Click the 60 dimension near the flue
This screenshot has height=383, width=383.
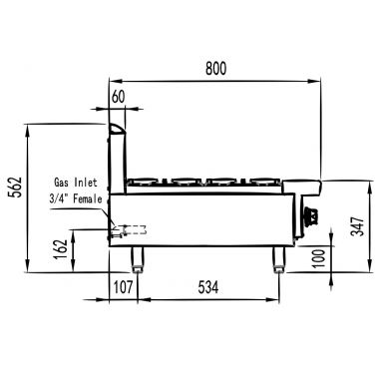tap(120, 98)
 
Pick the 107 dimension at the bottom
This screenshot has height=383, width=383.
tap(123, 288)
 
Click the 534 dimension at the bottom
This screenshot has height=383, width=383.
tap(205, 288)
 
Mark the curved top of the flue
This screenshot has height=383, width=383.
tap(118, 128)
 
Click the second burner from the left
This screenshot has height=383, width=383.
tap(187, 181)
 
